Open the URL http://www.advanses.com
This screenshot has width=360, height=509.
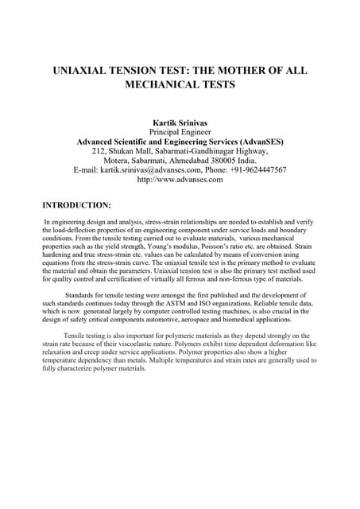pos(180,180)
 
